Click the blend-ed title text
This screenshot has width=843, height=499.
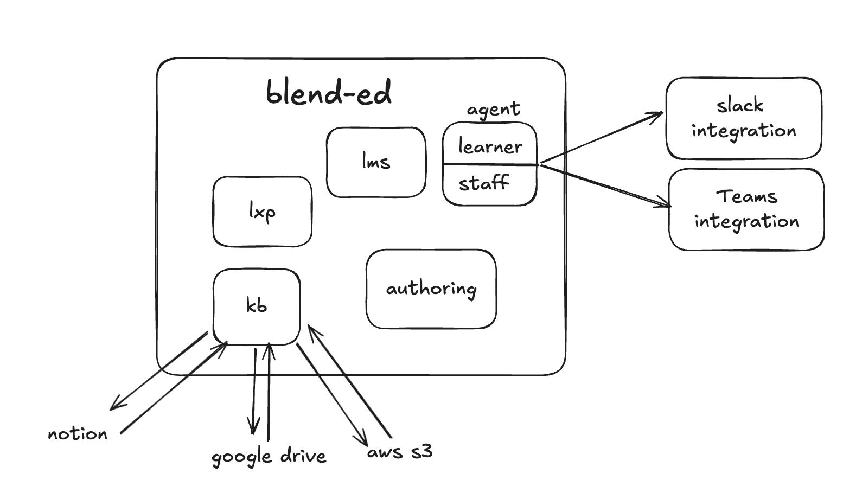(329, 92)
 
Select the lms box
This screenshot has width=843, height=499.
(376, 162)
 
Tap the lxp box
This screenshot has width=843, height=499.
(262, 212)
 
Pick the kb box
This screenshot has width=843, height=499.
(257, 306)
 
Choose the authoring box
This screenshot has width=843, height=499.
(431, 289)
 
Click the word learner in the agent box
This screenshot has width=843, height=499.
(490, 146)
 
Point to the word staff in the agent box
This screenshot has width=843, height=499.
(484, 183)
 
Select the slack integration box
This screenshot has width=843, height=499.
(744, 118)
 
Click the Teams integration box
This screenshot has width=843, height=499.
(746, 209)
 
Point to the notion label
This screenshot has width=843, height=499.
(78, 434)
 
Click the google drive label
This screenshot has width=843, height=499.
(269, 457)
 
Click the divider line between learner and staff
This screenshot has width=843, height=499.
(490, 164)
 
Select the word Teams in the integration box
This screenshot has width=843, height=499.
(746, 196)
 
